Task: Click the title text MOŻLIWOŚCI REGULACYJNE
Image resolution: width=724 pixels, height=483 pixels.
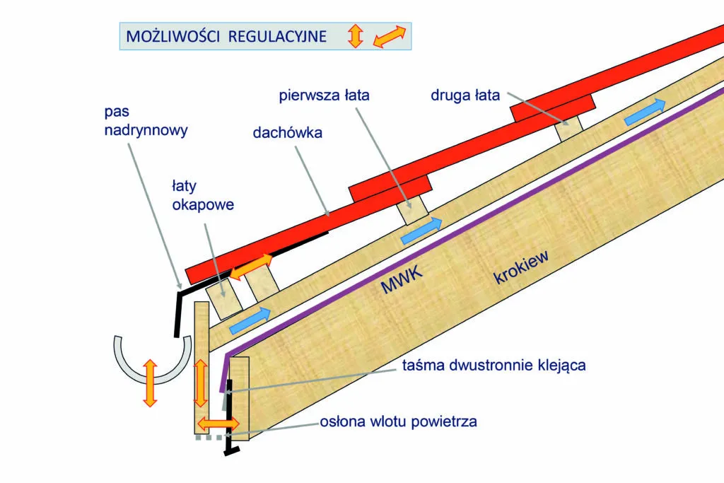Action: pos(226,36)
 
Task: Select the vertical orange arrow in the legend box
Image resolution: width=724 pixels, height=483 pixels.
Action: pos(355,36)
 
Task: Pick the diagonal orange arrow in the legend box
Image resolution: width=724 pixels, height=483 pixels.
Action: pos(390,37)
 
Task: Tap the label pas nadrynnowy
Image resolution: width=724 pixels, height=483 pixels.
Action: pos(146,121)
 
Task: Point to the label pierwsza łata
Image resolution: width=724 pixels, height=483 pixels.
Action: pos(325,95)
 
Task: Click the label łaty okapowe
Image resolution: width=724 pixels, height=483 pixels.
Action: pos(203,195)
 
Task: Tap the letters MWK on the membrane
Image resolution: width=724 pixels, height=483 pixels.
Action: pos(400,284)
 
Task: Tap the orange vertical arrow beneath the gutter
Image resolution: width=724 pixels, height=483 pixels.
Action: pos(148,382)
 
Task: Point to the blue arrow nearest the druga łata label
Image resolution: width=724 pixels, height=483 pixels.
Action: pos(646,111)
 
